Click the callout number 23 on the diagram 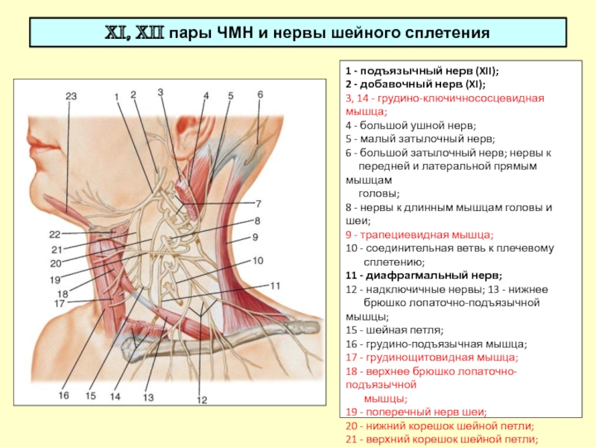(71, 96)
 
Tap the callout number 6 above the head (260, 95)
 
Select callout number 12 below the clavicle (202, 400)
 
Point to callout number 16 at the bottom (64, 396)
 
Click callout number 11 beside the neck (275, 286)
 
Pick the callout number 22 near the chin (54, 234)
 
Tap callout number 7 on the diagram (259, 204)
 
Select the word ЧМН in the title (235, 33)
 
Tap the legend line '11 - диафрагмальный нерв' (424, 276)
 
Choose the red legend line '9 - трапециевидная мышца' (419, 235)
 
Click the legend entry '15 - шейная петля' (395, 330)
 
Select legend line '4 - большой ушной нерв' (411, 125)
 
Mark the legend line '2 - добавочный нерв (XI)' (416, 84)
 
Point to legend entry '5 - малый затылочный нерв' (420, 139)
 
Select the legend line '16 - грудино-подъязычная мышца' (437, 344)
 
